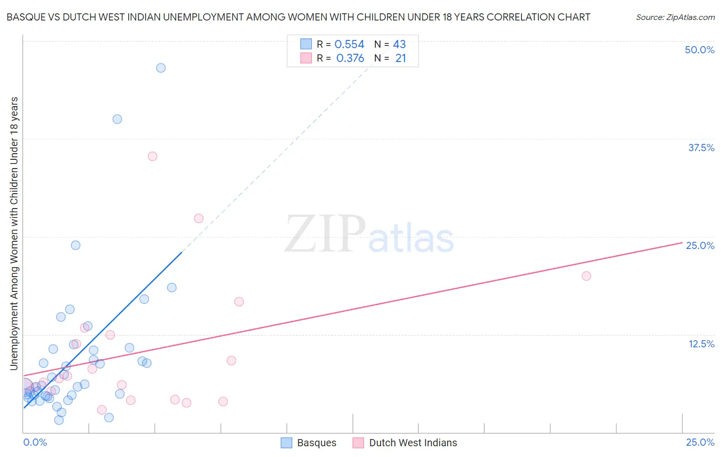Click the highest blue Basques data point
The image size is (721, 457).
click(x=161, y=68)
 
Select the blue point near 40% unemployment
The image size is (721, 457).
click(x=117, y=119)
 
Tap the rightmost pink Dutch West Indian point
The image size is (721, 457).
click(x=586, y=276)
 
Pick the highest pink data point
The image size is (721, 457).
click(x=152, y=156)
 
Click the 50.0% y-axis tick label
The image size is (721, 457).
click(x=699, y=50)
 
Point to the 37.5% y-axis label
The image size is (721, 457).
click(x=701, y=148)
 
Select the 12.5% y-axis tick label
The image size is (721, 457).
click(x=701, y=344)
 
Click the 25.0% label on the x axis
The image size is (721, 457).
click(x=700, y=442)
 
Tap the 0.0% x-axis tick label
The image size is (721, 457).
click(x=35, y=442)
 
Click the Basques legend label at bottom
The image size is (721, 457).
click(x=316, y=443)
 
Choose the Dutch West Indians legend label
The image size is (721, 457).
click(x=413, y=443)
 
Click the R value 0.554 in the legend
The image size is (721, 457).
click(x=349, y=45)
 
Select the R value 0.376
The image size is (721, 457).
click(x=350, y=58)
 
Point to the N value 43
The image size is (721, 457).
click(x=399, y=45)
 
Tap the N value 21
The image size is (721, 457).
click(x=400, y=58)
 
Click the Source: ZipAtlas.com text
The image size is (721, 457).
click(x=675, y=17)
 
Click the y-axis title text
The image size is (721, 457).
click(x=14, y=233)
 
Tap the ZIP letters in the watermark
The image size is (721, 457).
click(x=325, y=234)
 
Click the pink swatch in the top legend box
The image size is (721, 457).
click(x=306, y=58)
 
